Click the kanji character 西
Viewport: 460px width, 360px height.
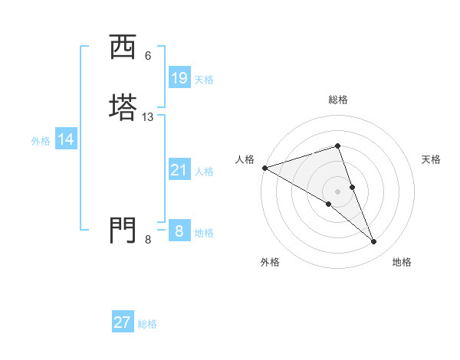click(x=122, y=47)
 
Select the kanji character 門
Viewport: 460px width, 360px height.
click(x=122, y=230)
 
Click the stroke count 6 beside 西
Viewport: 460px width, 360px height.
click(x=148, y=56)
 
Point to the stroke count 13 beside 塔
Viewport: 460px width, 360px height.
click(x=148, y=117)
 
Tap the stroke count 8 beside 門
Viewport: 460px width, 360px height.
click(x=148, y=240)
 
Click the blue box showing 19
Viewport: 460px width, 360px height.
click(x=179, y=77)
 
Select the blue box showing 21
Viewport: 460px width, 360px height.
click(x=179, y=169)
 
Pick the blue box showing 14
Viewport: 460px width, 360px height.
click(x=66, y=139)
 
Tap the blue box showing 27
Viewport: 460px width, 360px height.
click(x=123, y=322)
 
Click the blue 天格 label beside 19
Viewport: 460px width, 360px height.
click(x=204, y=80)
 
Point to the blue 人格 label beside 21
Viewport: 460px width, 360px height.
click(x=204, y=172)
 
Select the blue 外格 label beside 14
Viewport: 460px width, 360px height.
click(x=41, y=141)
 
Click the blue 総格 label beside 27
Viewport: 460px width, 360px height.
click(x=147, y=325)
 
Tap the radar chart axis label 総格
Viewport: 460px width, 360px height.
click(x=338, y=100)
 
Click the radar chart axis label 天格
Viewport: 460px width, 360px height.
click(x=431, y=159)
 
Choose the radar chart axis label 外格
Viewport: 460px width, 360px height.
click(x=270, y=262)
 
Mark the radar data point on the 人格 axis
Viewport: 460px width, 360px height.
click(x=264, y=168)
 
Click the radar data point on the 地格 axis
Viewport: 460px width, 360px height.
click(x=374, y=242)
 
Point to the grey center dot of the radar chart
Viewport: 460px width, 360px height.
click(x=338, y=191)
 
